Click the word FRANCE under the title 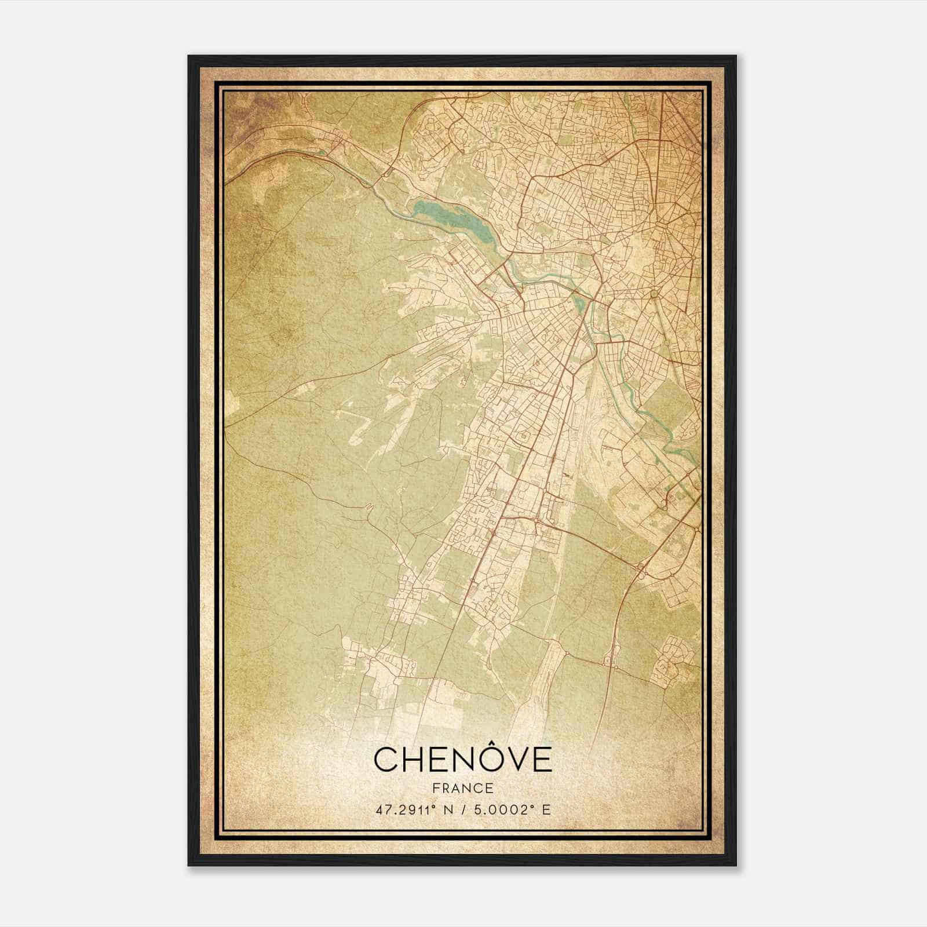(462, 788)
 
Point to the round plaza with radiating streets (654, 294)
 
